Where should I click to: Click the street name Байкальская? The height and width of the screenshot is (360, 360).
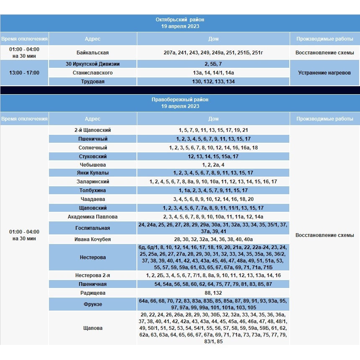point(93,53)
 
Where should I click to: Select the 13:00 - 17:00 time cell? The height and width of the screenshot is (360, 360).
point(24,73)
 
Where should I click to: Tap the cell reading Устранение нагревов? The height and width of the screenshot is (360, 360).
point(324,73)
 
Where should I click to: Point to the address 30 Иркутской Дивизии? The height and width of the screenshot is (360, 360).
point(93,64)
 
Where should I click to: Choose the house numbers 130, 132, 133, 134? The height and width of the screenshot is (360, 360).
point(213,82)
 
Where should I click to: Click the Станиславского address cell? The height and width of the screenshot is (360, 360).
point(93,73)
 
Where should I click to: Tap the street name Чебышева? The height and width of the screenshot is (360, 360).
point(93,165)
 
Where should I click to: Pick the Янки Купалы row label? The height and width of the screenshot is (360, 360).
point(93,173)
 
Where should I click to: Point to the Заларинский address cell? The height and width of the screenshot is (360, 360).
point(93,182)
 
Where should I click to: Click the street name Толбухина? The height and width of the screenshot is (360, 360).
point(93,190)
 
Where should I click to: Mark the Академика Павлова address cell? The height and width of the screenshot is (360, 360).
point(93,217)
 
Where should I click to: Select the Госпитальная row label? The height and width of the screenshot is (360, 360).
point(93,228)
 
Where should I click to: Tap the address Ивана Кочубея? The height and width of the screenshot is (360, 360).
point(93,239)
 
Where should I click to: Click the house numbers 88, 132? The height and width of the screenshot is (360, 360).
point(213,293)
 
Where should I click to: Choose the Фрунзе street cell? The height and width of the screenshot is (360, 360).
point(93,304)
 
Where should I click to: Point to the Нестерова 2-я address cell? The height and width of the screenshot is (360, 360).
point(93,275)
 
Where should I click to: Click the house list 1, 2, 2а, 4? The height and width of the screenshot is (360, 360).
point(213,165)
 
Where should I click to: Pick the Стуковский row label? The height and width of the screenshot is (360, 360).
point(93,157)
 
